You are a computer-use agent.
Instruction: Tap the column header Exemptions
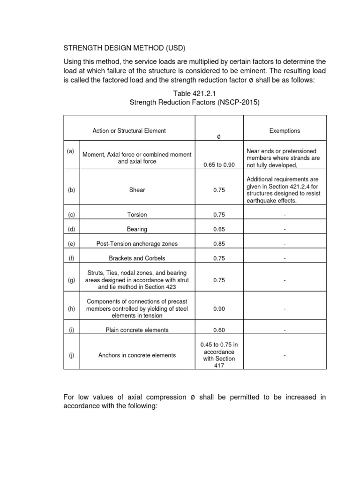(x=285, y=131)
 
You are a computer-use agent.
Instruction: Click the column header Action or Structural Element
(x=129, y=131)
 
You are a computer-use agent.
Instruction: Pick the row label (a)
(x=71, y=151)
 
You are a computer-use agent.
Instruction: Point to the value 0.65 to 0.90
(x=218, y=165)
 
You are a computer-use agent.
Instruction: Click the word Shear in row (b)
(x=137, y=190)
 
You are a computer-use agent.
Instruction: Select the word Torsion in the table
(x=137, y=215)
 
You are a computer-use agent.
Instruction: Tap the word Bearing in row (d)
(x=137, y=229)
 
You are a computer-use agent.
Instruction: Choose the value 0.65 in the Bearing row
(x=218, y=229)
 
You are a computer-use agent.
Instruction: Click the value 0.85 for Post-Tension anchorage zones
(x=218, y=244)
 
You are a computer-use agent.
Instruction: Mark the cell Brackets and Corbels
(x=137, y=258)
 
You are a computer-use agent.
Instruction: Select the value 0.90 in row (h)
(x=218, y=309)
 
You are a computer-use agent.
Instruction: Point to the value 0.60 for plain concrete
(x=218, y=330)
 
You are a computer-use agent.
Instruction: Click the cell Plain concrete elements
(x=137, y=330)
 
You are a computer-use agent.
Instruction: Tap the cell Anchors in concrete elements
(x=137, y=355)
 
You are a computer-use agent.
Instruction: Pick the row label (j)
(x=71, y=355)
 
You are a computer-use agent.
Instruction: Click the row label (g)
(x=71, y=280)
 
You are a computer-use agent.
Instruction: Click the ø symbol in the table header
(x=218, y=137)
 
